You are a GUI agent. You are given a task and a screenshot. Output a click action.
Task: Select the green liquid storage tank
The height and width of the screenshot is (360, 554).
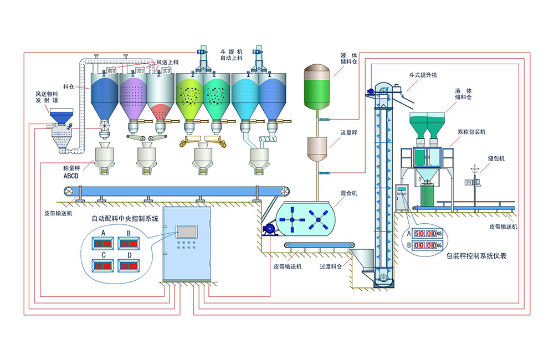point(317,89)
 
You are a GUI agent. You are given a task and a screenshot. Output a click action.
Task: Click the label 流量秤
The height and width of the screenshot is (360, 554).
point(348,133)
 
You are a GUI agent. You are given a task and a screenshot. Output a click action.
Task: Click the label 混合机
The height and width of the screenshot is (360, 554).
point(348,193)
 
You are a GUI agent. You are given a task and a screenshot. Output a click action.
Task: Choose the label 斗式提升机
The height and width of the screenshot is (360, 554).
point(423,75)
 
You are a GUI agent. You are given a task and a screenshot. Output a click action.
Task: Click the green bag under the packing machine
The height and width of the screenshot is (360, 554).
point(428,194)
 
